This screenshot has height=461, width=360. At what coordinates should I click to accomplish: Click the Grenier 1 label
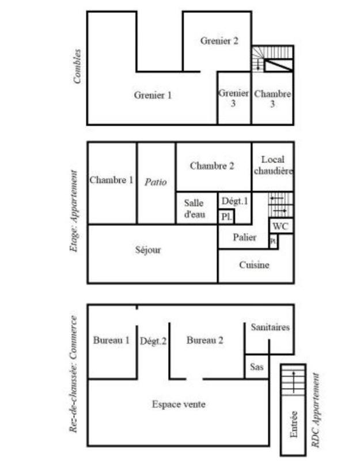coord(153,96)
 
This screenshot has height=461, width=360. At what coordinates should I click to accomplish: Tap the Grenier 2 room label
coord(219,41)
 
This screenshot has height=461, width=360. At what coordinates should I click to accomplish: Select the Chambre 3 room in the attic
coord(272,99)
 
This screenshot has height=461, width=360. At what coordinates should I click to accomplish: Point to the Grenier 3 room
coord(234,98)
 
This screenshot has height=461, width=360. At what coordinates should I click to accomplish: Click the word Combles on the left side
coord(77,67)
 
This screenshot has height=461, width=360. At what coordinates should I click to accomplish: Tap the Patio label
coord(156,182)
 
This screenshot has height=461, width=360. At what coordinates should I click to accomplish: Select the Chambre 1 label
coord(111,180)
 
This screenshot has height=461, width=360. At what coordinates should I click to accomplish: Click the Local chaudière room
coord(273,165)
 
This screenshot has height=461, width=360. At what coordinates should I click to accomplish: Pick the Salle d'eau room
coord(194,209)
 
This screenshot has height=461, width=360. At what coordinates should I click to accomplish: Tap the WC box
coord(281,226)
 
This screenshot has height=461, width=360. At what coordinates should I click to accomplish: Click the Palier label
coord(244,237)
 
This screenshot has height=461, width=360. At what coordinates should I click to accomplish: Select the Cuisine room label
coord(254,266)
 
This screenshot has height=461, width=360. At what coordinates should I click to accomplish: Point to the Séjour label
coord(148,250)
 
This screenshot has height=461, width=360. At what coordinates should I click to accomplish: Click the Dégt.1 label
coord(234,201)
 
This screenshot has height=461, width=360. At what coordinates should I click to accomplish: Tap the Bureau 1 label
coord(111,341)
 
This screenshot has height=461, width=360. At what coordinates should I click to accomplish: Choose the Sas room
coord(256,366)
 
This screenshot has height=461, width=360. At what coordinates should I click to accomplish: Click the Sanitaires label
coord(270,327)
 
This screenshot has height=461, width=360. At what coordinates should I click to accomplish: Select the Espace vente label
coord(179,405)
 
